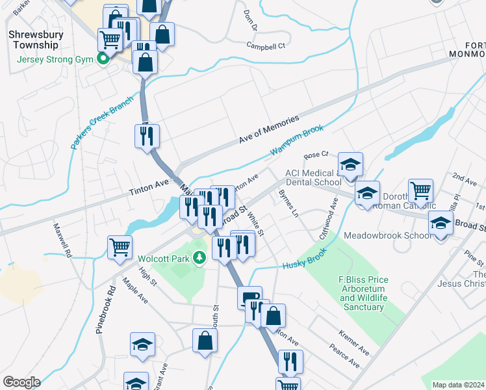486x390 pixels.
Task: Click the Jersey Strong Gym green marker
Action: [x=103, y=60]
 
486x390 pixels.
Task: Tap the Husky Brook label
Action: [x=303, y=261]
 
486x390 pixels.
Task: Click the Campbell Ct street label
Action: [x=266, y=45]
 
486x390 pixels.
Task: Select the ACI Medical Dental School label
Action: [x=313, y=177]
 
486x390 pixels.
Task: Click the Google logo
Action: [x=21, y=382]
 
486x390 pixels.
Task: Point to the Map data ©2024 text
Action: [x=458, y=385]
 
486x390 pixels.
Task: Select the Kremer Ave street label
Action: [x=354, y=343]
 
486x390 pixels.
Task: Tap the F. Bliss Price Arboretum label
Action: [x=363, y=293]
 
